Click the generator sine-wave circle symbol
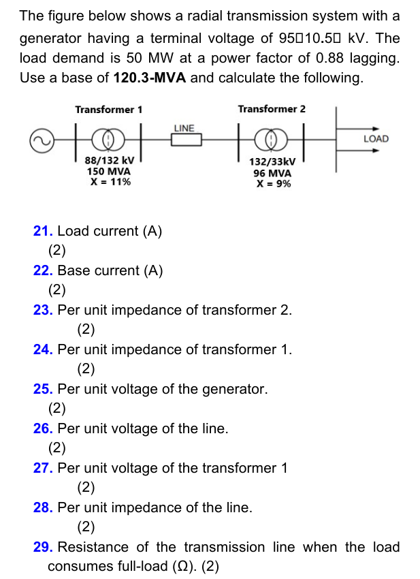point(40,140)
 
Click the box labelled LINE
point(185,140)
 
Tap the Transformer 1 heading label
point(108,110)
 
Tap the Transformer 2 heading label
point(272,109)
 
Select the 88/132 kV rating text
point(109,161)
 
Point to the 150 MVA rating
point(109,172)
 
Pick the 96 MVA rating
point(272,173)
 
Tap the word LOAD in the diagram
point(376,139)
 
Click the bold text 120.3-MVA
point(150,78)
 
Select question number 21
point(42,231)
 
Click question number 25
point(42,389)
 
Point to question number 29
point(42,547)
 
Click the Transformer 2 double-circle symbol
point(272,140)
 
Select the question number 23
point(42,310)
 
